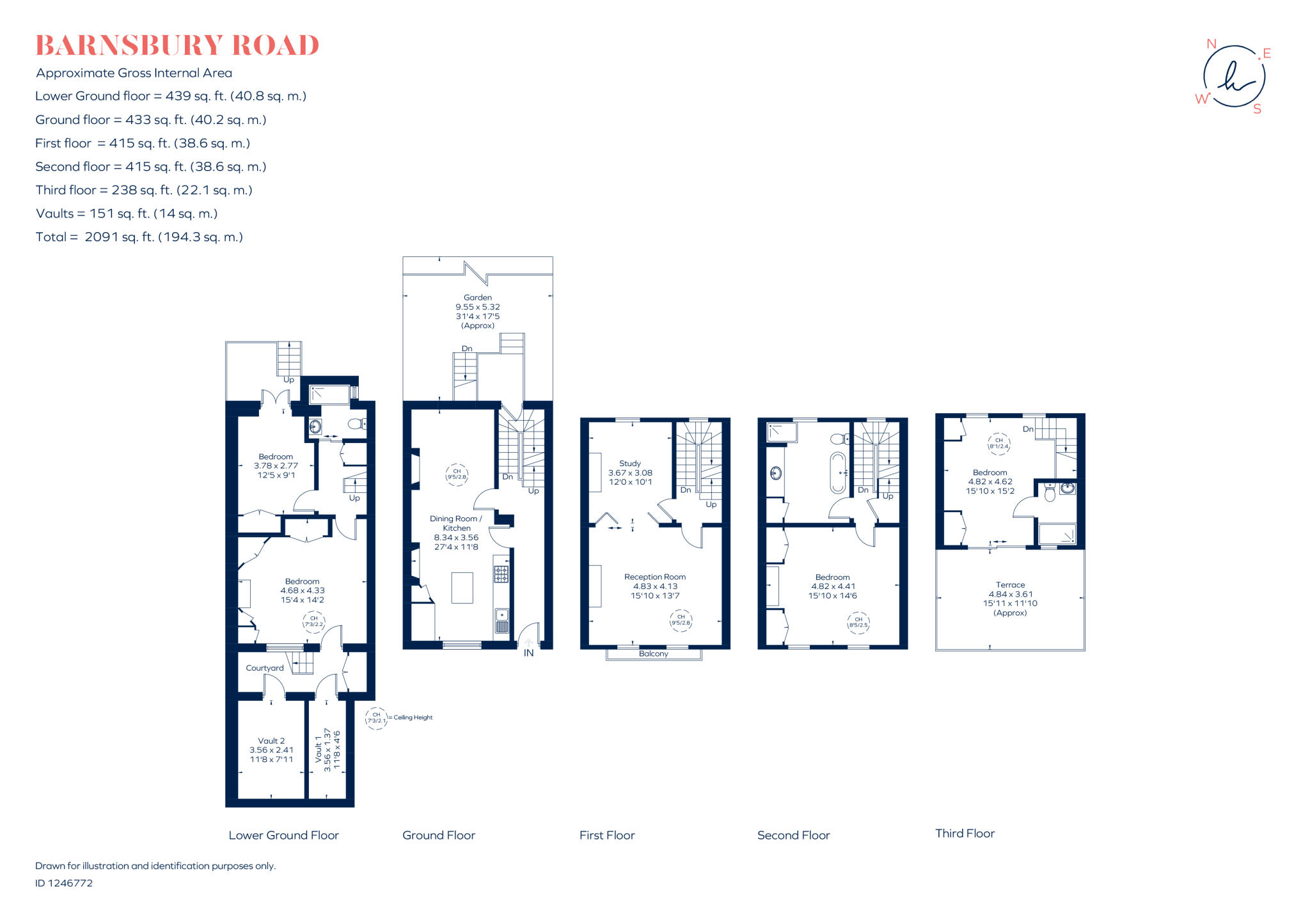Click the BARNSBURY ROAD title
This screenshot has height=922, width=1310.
click(177, 45)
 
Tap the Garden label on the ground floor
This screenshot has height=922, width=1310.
click(477, 297)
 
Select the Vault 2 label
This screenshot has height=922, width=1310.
click(271, 740)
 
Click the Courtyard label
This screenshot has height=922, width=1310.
click(265, 668)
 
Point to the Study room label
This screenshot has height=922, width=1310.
click(629, 463)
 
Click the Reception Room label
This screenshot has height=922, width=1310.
click(654, 577)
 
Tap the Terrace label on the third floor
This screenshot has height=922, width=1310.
click(1010, 584)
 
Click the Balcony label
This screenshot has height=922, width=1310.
click(653, 653)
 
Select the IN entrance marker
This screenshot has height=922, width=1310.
click(528, 653)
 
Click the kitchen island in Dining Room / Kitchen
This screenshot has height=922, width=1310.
click(462, 588)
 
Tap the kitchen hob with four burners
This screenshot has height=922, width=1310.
click(501, 574)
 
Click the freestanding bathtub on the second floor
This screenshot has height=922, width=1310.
click(837, 473)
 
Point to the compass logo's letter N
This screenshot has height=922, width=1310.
click(1211, 44)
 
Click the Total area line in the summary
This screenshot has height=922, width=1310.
click(139, 237)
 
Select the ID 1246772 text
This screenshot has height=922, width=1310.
click(64, 883)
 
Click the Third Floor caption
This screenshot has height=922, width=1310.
click(965, 833)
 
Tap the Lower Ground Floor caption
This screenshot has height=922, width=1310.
click(283, 835)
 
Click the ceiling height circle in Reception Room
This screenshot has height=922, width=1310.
click(681, 620)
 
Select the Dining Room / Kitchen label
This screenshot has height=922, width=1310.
click(455, 523)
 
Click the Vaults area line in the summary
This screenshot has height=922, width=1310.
click(127, 214)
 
